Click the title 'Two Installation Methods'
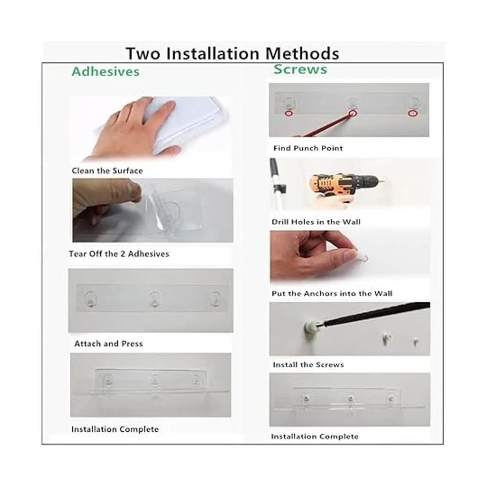233,53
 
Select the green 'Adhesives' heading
106,71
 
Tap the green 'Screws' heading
300,69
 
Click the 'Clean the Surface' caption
107,171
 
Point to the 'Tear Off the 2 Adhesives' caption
119,254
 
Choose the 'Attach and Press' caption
108,343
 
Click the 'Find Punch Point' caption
308,148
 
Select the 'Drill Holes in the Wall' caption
316,222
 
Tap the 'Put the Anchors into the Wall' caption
332,293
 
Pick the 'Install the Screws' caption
308,365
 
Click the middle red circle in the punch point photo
353,113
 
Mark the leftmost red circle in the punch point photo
289,113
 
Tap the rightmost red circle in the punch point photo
412,114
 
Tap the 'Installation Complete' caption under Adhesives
115,429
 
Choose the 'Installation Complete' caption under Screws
315,436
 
